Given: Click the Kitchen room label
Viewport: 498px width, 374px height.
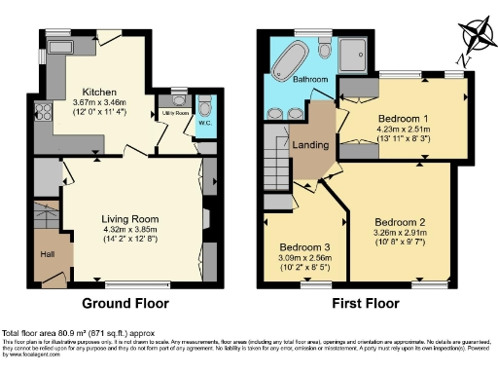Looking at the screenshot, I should [x=100, y=89].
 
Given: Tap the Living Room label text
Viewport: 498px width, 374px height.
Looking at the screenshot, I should [x=130, y=218].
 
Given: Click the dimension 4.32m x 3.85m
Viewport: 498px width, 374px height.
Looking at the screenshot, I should [x=130, y=230].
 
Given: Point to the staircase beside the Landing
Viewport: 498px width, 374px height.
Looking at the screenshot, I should [x=276, y=162].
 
